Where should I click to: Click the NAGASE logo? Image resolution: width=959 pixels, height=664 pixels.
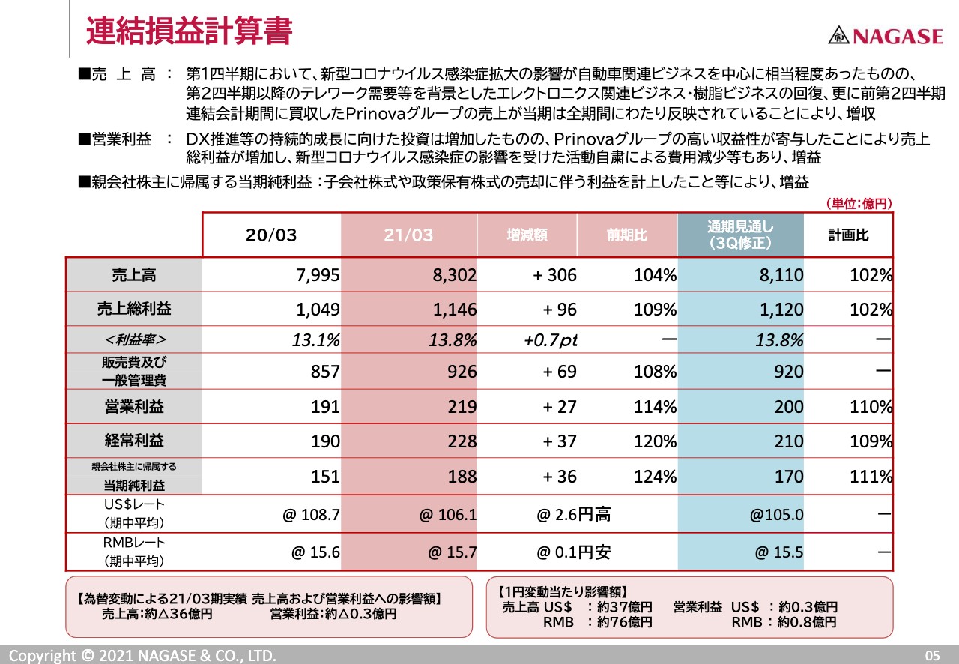pos(885,35)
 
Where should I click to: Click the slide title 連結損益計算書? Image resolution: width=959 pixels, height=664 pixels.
pos(188,31)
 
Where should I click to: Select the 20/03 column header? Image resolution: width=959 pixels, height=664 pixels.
pos(271,235)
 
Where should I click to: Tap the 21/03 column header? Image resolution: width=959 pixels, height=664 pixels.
pos(408,235)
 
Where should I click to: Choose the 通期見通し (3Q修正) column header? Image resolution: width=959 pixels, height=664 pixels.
pos(739,235)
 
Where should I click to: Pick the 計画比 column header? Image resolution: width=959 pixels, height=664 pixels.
pos(848,235)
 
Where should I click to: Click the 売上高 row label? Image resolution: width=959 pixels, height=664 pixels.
pos(133,275)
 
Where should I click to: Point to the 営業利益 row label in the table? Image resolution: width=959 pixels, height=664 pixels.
pos(133,407)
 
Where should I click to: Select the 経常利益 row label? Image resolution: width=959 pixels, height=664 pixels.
pos(133,441)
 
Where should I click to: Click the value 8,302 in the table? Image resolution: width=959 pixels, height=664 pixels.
pos(454,276)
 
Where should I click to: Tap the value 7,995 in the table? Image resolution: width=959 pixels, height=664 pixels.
pos(318,276)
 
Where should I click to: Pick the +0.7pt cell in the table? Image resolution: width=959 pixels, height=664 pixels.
pos(551,340)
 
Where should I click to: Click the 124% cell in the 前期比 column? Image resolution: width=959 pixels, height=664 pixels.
pos(655,477)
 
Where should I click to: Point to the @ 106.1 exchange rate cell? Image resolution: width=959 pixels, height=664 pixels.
pos(448,516)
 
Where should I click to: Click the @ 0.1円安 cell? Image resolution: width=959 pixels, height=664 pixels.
pos(573,553)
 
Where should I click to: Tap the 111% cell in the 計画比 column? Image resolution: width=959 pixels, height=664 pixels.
pos(871,477)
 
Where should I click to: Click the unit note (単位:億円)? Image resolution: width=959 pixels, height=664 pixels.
pos(859,204)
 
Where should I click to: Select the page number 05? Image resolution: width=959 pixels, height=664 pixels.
pos(931,656)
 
